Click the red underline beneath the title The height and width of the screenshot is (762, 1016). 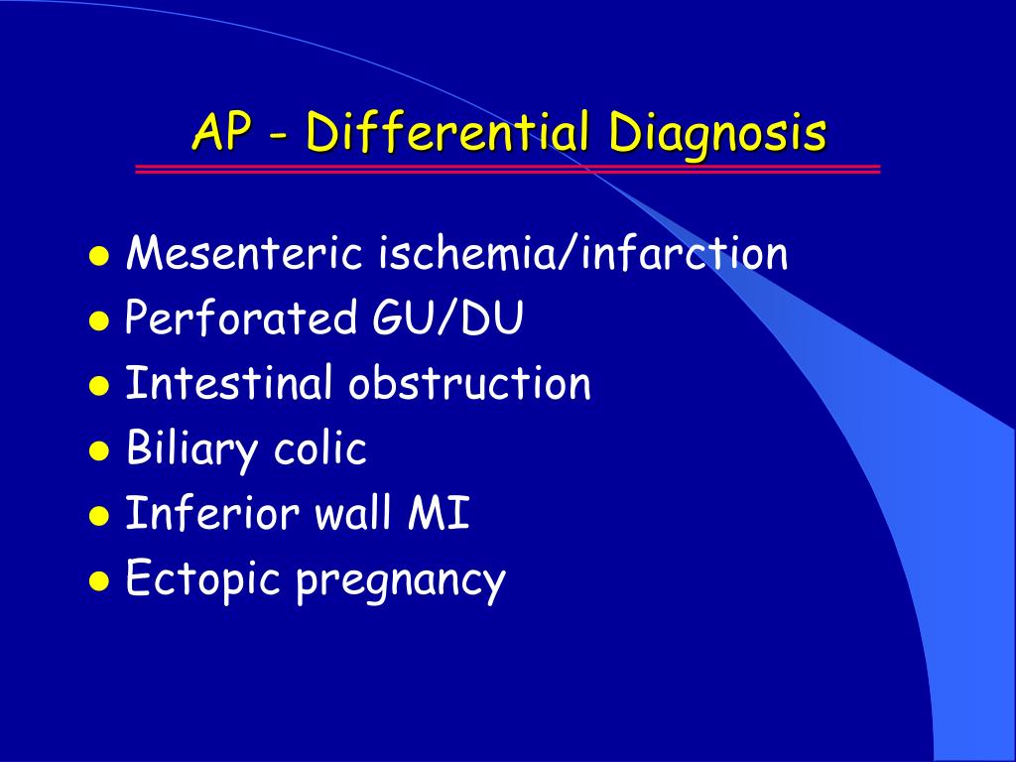[507, 169]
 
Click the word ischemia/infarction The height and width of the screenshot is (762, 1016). [583, 252]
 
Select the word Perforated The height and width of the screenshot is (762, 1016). [241, 317]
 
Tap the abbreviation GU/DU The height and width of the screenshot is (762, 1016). [447, 317]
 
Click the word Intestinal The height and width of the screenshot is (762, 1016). [228, 382]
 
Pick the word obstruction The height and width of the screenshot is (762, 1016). [469, 382]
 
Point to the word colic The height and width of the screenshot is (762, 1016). [320, 447]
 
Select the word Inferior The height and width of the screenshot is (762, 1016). [212, 512]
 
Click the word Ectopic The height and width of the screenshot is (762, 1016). [202, 579]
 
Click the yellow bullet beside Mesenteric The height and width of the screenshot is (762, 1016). [99, 256]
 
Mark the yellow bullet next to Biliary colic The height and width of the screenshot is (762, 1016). [99, 450]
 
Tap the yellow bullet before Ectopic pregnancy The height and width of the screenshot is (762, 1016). [99, 580]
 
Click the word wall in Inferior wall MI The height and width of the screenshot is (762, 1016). [354, 512]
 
